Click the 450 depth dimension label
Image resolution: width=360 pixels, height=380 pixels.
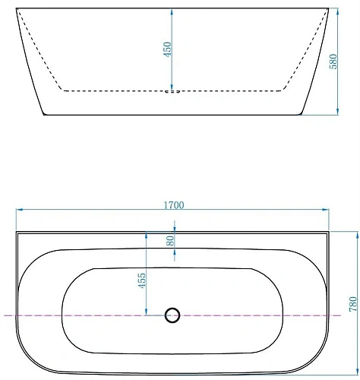pos(168,49)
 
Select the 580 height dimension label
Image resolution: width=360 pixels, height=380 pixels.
pos(332,61)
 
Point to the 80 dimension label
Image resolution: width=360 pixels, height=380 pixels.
pos(170,241)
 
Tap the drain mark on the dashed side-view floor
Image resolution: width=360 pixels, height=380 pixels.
pos(174,91)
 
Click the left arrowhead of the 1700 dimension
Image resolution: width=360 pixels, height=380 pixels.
pos(19,211)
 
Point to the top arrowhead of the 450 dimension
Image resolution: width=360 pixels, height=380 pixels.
pos(174,11)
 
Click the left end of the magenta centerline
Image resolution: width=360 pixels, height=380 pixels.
pos(4,314)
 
